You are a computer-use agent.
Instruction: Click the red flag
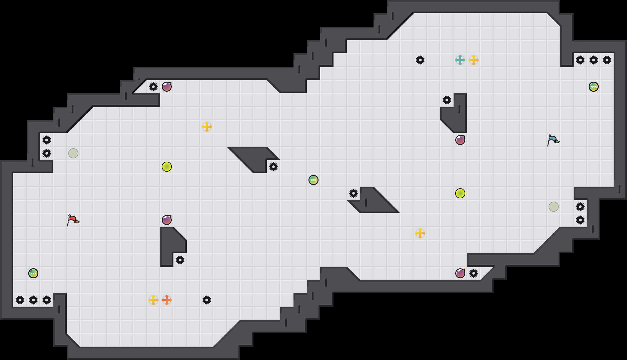73,220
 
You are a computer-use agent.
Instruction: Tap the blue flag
553,140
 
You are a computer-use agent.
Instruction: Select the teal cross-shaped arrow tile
460,60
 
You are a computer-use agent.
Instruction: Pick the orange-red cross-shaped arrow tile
167,300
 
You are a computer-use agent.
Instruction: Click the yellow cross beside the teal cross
474,60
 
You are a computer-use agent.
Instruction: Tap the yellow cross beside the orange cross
153,300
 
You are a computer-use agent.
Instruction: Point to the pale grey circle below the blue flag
554,207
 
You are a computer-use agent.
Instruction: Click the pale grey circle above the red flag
73,153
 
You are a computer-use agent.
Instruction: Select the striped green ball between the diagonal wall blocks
313,180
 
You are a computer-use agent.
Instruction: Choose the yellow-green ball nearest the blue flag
460,193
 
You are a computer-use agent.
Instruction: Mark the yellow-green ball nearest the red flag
167,167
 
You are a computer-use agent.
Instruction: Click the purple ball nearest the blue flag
460,140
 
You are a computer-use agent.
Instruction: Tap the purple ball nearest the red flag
167,220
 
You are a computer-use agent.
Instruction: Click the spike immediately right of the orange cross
207,300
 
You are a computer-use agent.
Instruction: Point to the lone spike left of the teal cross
420,60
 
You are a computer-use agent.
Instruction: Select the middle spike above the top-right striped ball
594,60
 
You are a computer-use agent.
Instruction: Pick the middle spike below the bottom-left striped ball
33,300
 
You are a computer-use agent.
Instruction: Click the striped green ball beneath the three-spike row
594,87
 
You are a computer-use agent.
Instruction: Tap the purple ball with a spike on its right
460,273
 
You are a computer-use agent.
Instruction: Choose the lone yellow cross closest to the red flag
207,127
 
